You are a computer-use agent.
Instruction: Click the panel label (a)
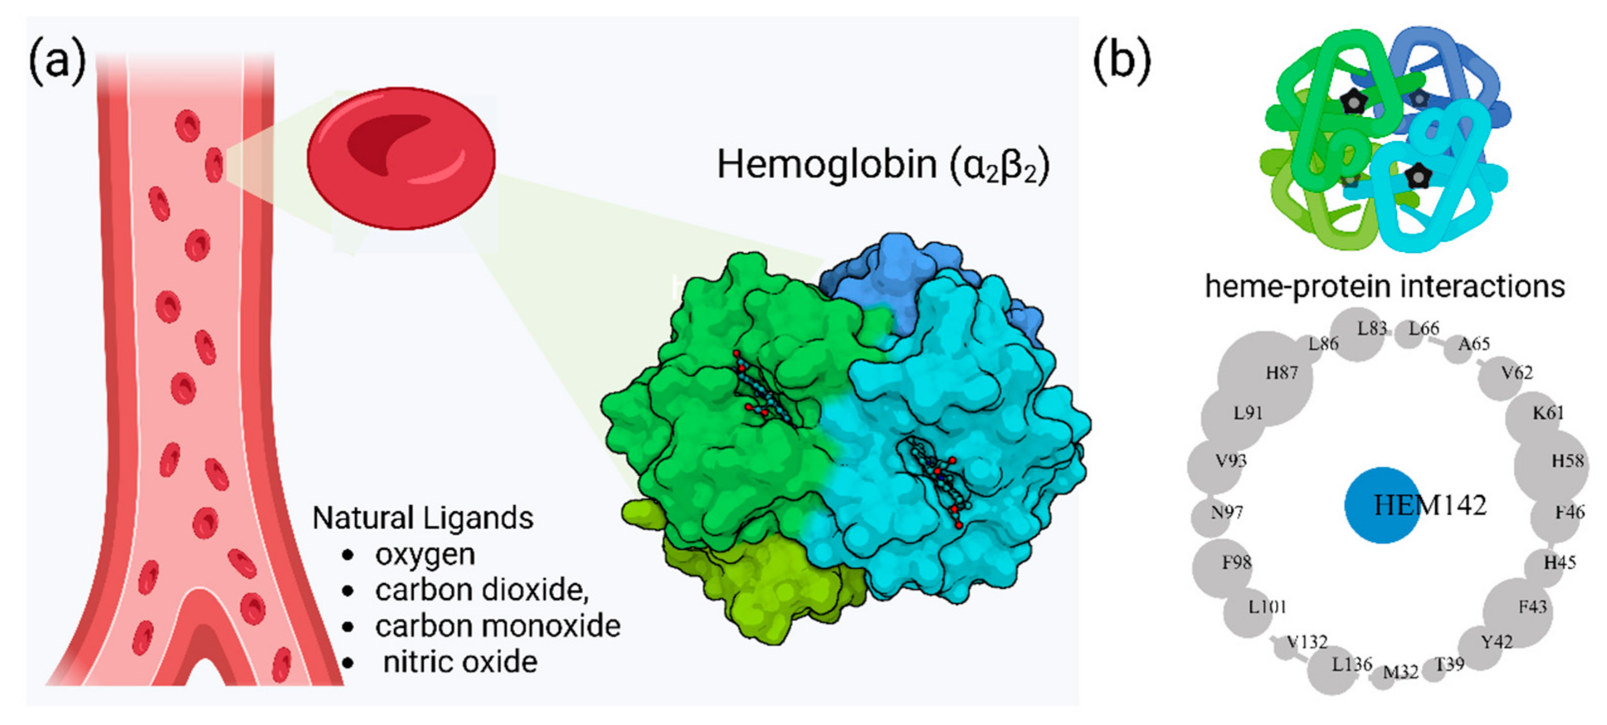coord(57,62)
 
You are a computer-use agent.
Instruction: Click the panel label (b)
coord(1122,62)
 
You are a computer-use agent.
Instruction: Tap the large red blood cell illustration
coord(401,158)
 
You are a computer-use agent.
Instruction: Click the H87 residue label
coord(1281,373)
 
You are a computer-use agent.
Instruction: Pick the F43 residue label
coord(1532,606)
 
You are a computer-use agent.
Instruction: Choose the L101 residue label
coord(1267,606)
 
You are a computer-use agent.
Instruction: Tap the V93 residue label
coord(1230,461)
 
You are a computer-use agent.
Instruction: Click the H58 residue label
coord(1567,461)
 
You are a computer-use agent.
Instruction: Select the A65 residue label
coord(1474,344)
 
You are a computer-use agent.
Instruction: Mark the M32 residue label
coord(1401,672)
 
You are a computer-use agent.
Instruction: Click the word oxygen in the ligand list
coord(425,555)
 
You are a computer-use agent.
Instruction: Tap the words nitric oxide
coord(460,662)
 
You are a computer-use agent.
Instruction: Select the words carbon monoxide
coord(497,626)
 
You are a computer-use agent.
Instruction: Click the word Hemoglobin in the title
coord(827,165)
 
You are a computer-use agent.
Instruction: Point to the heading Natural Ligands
coord(422,518)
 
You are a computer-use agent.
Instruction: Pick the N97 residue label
coord(1226,512)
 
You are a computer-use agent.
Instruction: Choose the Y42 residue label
coord(1497,641)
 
